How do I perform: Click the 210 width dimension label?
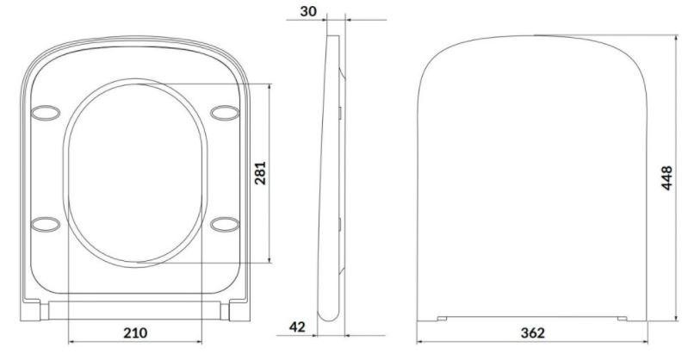click(135, 332)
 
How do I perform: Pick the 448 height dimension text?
click(667, 178)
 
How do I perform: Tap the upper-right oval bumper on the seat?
click(226, 111)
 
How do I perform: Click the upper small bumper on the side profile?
click(342, 113)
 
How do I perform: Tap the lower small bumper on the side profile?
click(342, 226)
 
